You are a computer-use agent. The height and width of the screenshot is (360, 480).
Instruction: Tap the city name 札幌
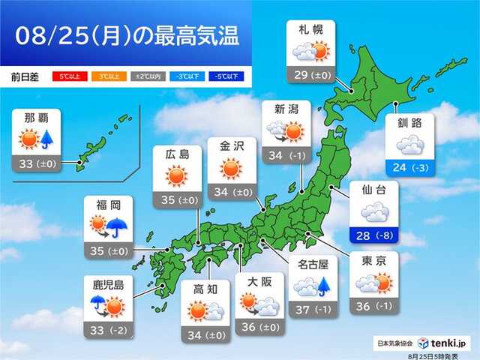311,31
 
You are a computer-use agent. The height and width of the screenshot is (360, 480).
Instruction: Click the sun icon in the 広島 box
176,177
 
